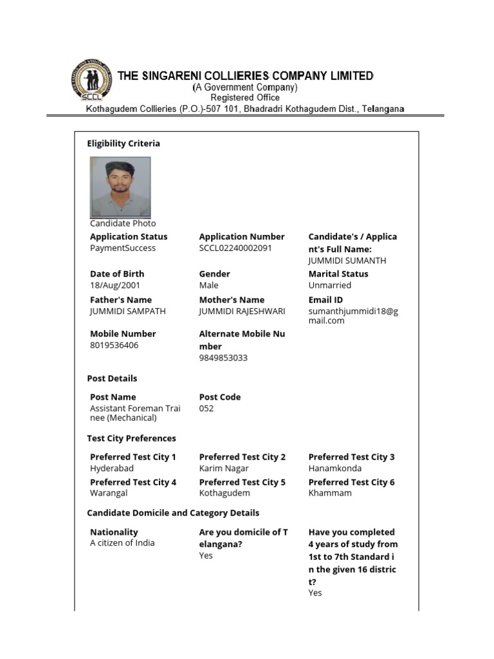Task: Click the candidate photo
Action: [120, 187]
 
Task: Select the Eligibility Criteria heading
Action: [123, 144]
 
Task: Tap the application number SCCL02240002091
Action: [235, 248]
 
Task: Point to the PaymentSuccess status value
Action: [123, 248]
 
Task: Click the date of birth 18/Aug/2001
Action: [115, 285]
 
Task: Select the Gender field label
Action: [214, 274]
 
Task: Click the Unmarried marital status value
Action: [330, 285]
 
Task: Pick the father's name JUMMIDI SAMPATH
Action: [128, 311]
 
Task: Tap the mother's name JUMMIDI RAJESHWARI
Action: [242, 311]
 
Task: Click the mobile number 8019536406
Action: [114, 346]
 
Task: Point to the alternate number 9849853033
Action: [223, 358]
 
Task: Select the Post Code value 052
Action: [206, 409]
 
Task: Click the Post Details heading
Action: [112, 378]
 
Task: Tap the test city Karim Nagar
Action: [224, 469]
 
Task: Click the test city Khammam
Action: [330, 493]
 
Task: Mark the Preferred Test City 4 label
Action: [133, 482]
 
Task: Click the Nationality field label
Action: [114, 532]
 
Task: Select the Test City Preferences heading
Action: [131, 438]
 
